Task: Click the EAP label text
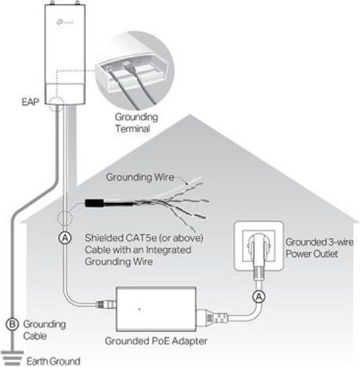(x=31, y=102)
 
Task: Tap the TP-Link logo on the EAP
(x=65, y=22)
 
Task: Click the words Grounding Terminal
(x=136, y=123)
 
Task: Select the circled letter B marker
(x=12, y=324)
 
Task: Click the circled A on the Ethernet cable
(x=65, y=238)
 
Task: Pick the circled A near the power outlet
(x=259, y=297)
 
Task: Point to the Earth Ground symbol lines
(x=13, y=358)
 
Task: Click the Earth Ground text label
(x=53, y=362)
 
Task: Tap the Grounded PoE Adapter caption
(x=156, y=341)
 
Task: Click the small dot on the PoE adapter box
(x=139, y=309)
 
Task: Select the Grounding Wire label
(x=140, y=178)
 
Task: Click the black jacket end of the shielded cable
(x=95, y=203)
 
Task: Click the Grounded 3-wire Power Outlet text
(x=319, y=248)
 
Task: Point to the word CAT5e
(x=141, y=238)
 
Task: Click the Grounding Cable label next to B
(x=45, y=329)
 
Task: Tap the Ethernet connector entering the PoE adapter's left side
(x=106, y=304)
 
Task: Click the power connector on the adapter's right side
(x=212, y=318)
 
